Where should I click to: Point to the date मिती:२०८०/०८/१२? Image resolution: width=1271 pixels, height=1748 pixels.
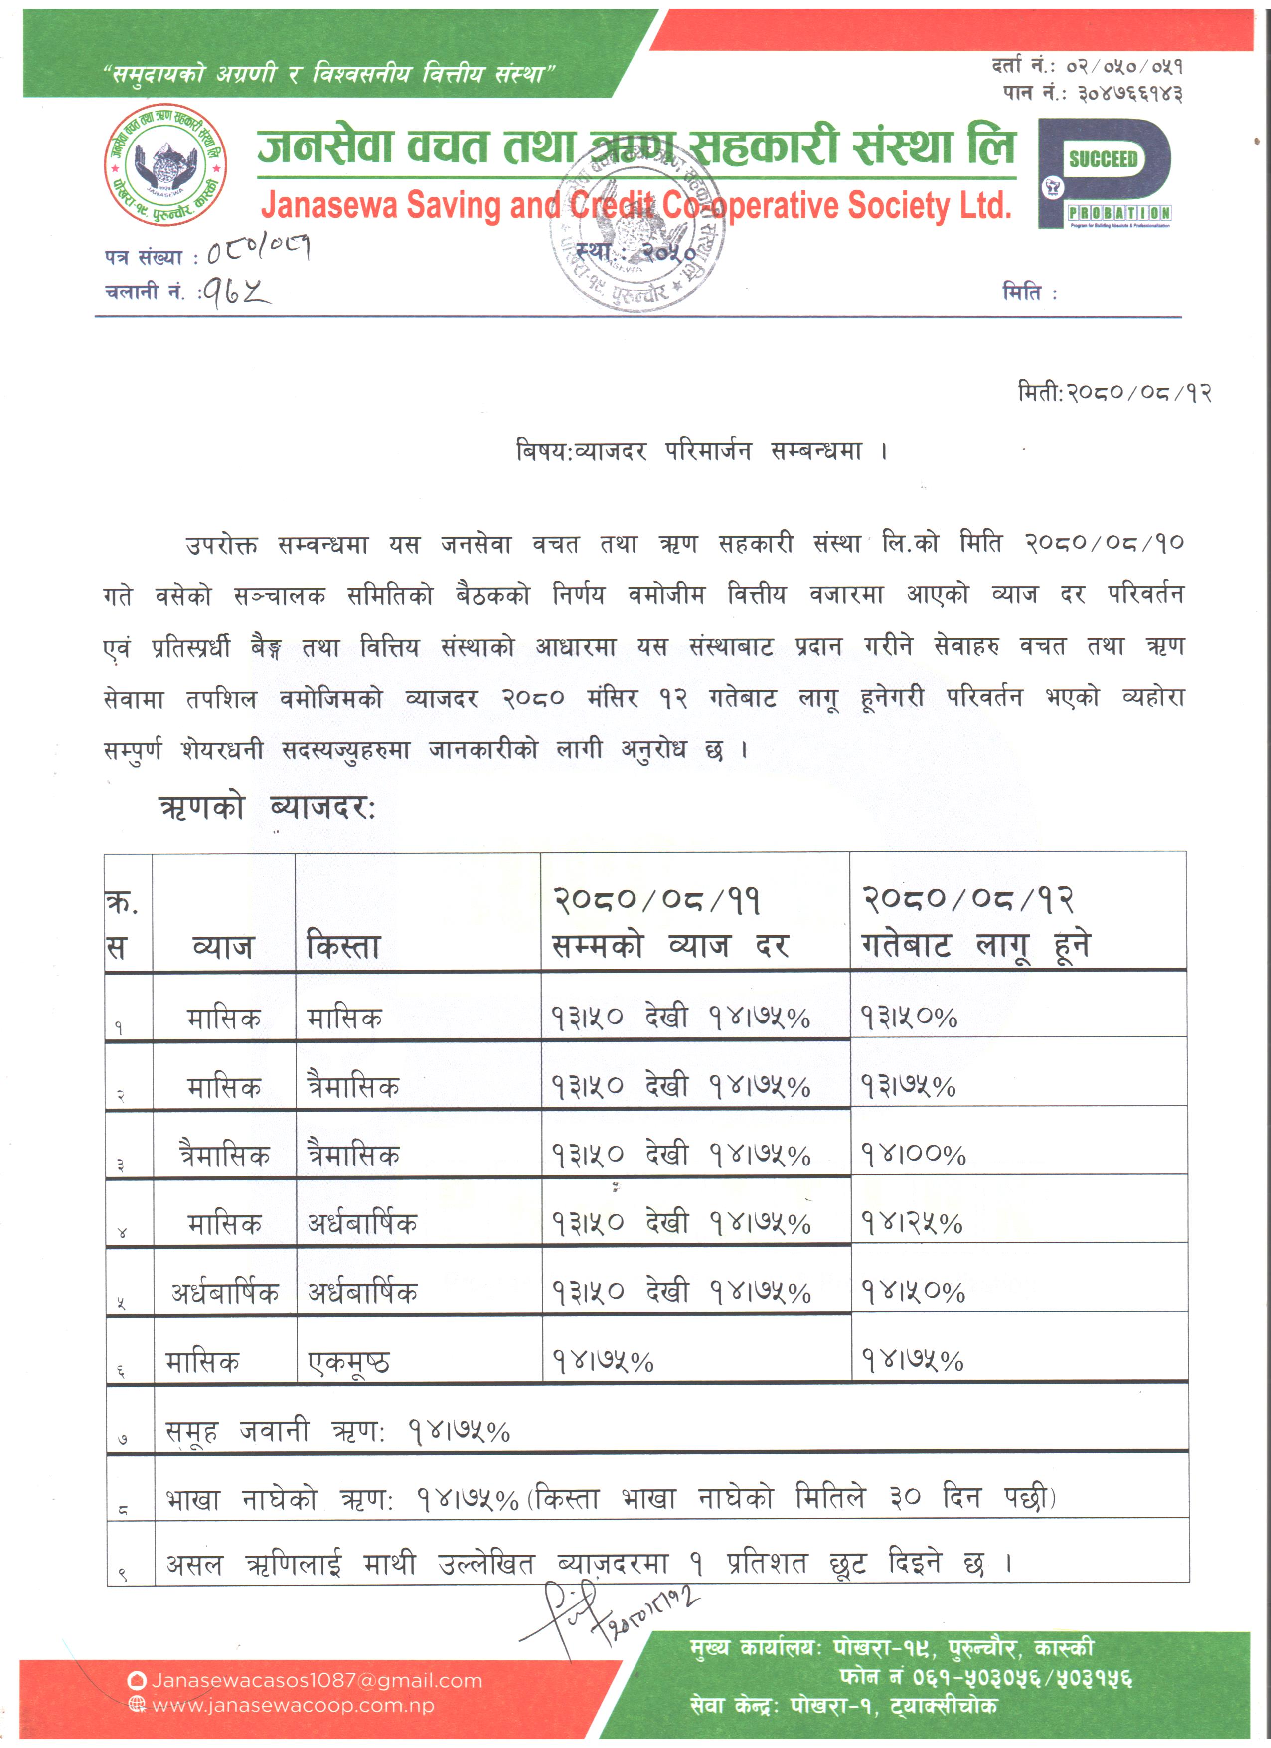[1114, 393]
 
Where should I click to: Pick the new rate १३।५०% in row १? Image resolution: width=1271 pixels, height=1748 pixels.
[909, 1018]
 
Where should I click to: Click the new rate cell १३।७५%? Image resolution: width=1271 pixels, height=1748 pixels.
[908, 1086]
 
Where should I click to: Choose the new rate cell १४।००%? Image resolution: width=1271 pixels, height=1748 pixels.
[913, 1155]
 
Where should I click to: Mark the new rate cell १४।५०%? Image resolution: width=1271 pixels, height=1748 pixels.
[913, 1292]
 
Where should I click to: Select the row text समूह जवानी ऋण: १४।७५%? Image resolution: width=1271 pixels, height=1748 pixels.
[337, 1431]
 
